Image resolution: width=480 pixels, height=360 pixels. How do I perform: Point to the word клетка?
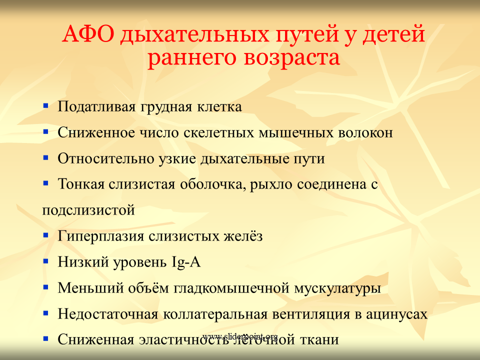point(219,107)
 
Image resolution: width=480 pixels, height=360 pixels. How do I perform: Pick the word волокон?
point(365,133)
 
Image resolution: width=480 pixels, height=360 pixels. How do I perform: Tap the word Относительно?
point(105,158)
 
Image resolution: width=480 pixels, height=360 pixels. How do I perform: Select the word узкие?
point(177,159)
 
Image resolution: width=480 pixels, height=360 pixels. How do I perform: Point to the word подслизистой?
point(88,210)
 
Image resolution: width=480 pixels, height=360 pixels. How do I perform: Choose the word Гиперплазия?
point(100,236)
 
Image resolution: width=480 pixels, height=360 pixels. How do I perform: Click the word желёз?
point(243,236)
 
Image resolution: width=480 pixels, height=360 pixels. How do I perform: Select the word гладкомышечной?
point(231,288)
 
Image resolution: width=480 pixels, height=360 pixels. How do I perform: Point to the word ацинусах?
point(396,314)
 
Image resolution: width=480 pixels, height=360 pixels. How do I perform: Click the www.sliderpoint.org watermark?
point(240,336)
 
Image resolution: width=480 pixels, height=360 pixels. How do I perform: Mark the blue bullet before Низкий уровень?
point(45,261)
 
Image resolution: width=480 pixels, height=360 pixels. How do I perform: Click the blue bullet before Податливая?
point(45,106)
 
